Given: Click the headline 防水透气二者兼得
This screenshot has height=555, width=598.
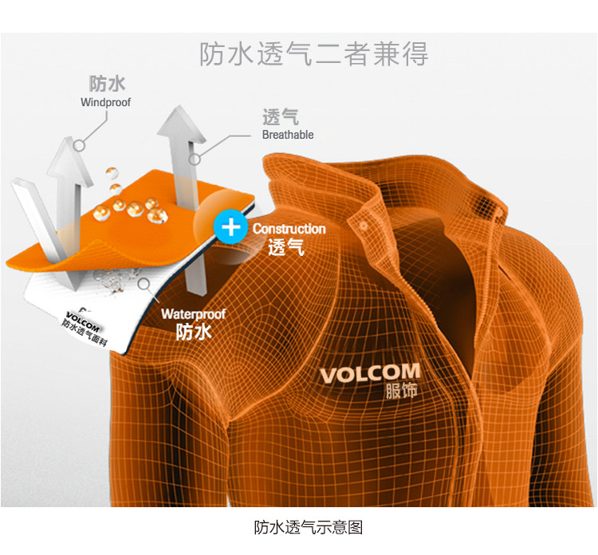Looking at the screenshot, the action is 313,53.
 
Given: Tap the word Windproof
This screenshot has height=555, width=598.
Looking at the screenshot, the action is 105,102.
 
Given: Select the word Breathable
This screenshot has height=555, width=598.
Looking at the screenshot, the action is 288,135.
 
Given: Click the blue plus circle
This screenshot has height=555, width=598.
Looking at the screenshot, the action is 231,227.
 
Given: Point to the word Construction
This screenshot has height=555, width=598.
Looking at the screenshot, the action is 289,229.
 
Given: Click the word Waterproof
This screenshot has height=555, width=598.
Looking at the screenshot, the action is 193,314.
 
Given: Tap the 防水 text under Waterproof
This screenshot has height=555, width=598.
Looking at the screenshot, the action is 193,332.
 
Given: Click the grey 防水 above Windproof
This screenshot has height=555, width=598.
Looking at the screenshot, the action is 107,85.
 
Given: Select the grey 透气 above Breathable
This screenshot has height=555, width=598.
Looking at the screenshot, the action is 280,117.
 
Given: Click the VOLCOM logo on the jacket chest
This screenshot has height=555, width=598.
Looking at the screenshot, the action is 369,373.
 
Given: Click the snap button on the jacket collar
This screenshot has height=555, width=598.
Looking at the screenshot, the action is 363,226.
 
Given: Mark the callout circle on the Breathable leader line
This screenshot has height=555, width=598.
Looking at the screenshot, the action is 194,159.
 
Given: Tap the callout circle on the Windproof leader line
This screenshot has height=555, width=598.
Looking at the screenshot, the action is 80,146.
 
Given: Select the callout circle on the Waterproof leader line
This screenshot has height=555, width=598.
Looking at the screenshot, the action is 143,281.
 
